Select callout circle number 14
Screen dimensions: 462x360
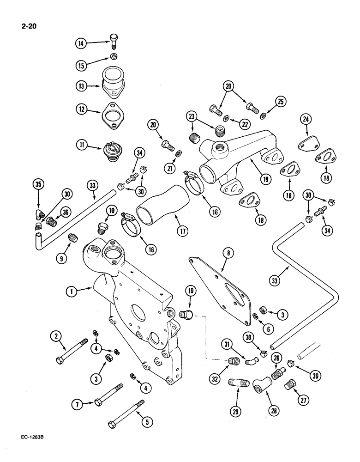point(82,44)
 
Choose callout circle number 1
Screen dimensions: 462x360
point(72,291)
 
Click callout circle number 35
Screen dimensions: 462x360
point(40,187)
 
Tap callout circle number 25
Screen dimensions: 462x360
point(281,101)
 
